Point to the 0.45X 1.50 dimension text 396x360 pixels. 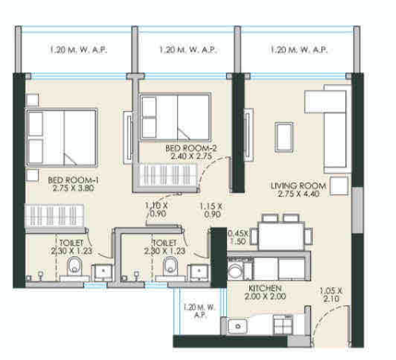click(237, 238)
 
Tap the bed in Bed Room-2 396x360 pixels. click(175, 118)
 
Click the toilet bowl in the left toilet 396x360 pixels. click(73, 265)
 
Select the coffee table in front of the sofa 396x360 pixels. click(282, 135)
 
